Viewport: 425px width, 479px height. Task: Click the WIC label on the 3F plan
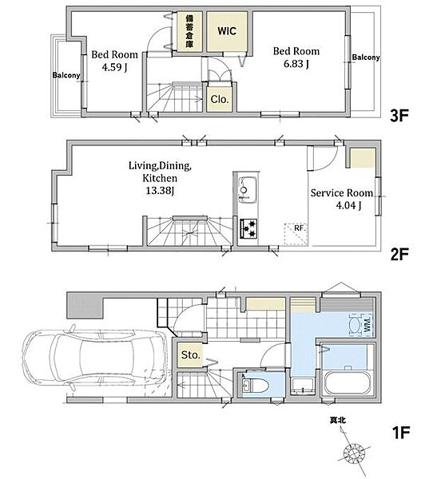(x=227, y=31)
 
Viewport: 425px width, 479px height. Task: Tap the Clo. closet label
(x=220, y=99)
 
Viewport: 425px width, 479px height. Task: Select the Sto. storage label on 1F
(x=190, y=355)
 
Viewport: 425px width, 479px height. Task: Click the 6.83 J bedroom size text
(x=296, y=64)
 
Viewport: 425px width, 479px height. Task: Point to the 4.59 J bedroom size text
(x=114, y=67)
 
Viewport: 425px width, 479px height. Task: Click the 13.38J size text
(x=160, y=191)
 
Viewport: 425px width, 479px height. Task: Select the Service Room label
(x=342, y=193)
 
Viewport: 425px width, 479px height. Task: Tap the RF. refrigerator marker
(x=300, y=228)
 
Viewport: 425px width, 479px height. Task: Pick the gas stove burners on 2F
(x=248, y=228)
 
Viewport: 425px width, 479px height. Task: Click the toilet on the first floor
(x=254, y=386)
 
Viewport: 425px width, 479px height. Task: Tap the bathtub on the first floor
(x=349, y=382)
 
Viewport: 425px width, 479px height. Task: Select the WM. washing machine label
(x=367, y=324)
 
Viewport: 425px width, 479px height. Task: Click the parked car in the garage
(x=95, y=357)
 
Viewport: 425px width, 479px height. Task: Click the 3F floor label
(x=399, y=116)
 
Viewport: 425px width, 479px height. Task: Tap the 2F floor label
(x=399, y=254)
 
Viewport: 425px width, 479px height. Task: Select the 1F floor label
(x=400, y=432)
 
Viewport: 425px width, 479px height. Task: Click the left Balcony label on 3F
(x=66, y=75)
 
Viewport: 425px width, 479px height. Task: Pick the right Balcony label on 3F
(x=366, y=57)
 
